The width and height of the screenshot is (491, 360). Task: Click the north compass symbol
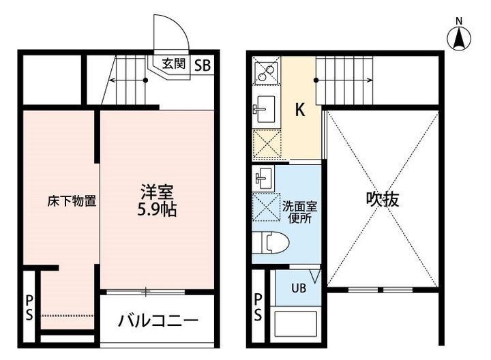(x=460, y=37)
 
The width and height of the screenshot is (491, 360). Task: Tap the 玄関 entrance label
(x=173, y=64)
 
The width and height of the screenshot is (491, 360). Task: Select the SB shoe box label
(x=203, y=65)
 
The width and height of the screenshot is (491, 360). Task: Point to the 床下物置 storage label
(x=71, y=201)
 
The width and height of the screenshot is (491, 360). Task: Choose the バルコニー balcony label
(x=158, y=320)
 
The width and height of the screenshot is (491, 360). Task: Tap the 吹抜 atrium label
(x=382, y=199)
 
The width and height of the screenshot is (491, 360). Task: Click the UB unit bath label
(x=299, y=288)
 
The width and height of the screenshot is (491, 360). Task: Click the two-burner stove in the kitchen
(x=267, y=72)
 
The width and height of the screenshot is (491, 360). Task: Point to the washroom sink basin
(x=263, y=179)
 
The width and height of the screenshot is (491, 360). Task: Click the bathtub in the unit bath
(x=295, y=326)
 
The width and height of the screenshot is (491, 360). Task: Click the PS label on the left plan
(x=29, y=306)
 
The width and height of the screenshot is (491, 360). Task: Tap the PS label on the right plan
(x=258, y=306)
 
